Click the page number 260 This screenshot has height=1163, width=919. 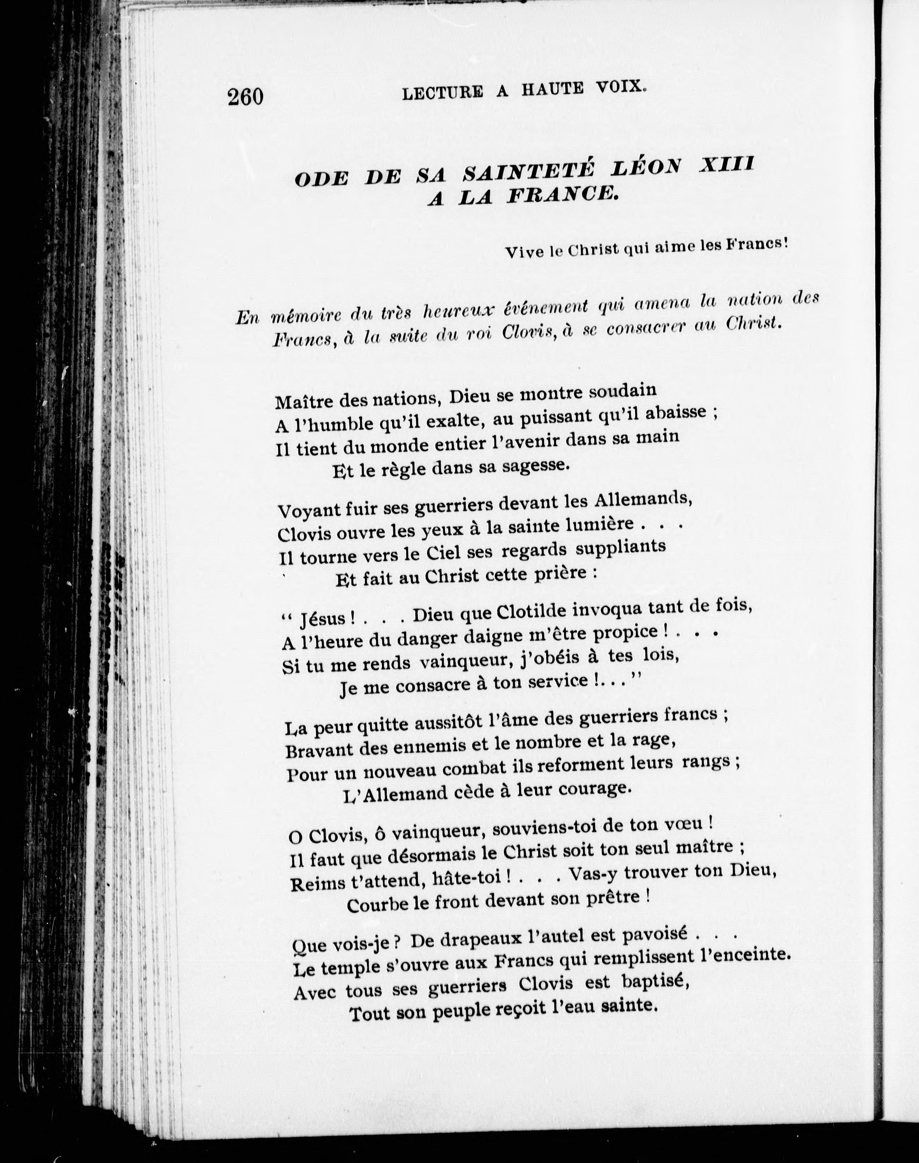(x=245, y=97)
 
